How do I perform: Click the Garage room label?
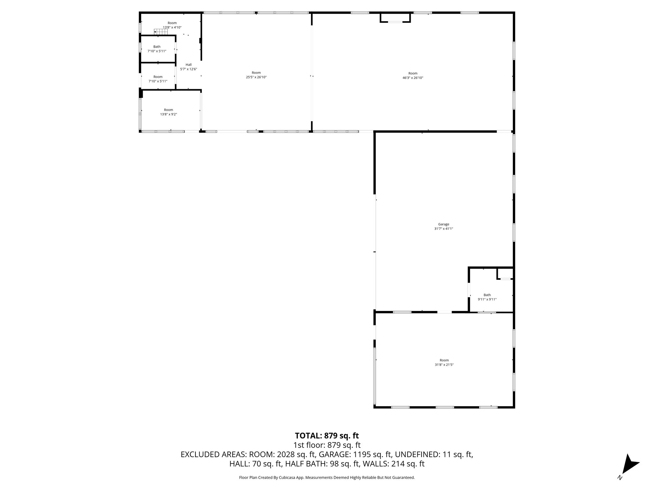444,224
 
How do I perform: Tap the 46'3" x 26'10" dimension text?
413,78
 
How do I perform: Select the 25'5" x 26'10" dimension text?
256,77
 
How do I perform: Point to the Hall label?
188,65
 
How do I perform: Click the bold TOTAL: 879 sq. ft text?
327,436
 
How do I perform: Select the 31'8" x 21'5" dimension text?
444,364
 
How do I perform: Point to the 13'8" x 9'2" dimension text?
169,114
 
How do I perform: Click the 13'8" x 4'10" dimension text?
172,27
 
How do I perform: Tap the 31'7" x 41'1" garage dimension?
444,229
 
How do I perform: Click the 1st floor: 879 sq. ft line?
327,445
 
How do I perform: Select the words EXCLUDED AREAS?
213,454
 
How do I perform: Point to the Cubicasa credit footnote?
327,478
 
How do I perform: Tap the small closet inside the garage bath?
505,274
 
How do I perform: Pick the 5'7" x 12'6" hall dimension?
188,69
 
